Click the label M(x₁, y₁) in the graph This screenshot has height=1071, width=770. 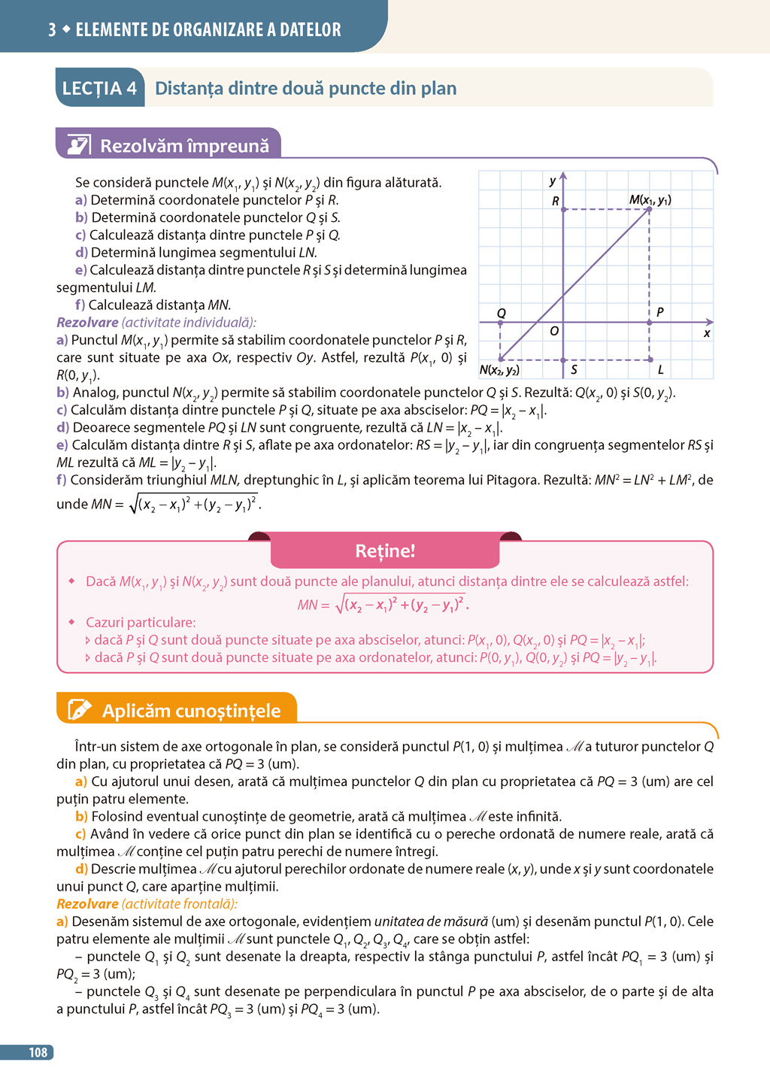pyautogui.click(x=650, y=200)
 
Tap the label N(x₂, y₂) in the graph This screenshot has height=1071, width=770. pyautogui.click(x=499, y=370)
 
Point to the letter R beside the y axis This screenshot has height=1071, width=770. pyautogui.click(x=556, y=202)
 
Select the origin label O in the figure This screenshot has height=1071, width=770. pyautogui.click(x=554, y=332)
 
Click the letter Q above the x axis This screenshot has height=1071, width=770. pyautogui.click(x=502, y=313)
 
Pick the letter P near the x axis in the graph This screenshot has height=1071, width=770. pyautogui.click(x=659, y=312)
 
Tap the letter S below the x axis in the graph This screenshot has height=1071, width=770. pyautogui.click(x=574, y=370)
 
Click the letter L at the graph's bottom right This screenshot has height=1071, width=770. pyautogui.click(x=660, y=370)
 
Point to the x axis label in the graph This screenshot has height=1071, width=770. pyautogui.click(x=707, y=333)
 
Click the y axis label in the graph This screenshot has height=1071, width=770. pyautogui.click(x=553, y=181)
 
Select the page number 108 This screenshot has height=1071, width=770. pyautogui.click(x=38, y=1052)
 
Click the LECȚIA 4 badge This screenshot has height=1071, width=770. pyautogui.click(x=99, y=89)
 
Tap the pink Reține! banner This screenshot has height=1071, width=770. pyautogui.click(x=385, y=551)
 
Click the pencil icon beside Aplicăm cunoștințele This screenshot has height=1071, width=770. pyautogui.click(x=80, y=710)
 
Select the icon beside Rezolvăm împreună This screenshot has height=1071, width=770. pyautogui.click(x=79, y=145)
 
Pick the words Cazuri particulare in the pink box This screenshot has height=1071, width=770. pyautogui.click(x=141, y=623)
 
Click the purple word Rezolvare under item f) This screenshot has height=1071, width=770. pyautogui.click(x=87, y=323)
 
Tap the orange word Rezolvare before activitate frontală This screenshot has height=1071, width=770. pyautogui.click(x=87, y=904)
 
